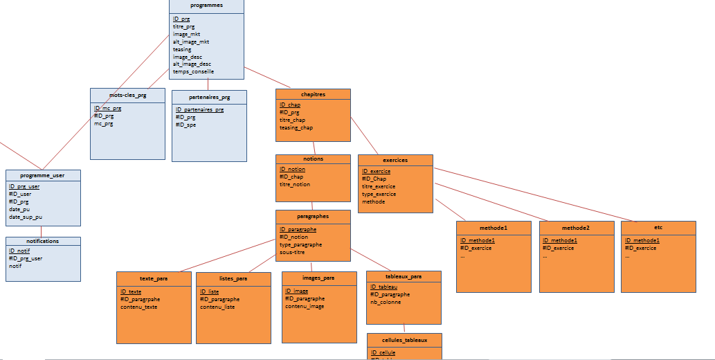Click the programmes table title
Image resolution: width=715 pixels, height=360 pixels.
click(206, 6)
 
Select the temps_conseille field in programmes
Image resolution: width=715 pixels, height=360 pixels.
click(193, 71)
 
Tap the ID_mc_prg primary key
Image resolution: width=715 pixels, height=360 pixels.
click(107, 109)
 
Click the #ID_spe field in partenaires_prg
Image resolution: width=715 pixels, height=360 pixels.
click(185, 125)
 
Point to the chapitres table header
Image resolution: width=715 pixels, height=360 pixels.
click(313, 94)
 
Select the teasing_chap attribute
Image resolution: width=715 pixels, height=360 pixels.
click(296, 127)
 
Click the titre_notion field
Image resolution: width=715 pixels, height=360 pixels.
click(295, 184)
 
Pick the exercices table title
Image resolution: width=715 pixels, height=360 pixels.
click(395, 160)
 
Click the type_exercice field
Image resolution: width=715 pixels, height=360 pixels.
click(379, 194)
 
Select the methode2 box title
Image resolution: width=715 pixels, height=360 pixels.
click(576, 227)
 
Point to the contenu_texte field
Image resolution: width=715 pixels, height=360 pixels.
click(138, 307)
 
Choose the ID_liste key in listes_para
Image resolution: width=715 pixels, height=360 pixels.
click(209, 291)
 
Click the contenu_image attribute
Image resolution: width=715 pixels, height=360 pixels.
click(305, 306)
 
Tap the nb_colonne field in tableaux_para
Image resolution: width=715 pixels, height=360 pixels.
click(386, 302)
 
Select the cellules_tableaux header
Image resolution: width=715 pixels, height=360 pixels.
click(404, 340)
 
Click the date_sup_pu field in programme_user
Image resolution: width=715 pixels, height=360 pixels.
click(26, 217)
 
